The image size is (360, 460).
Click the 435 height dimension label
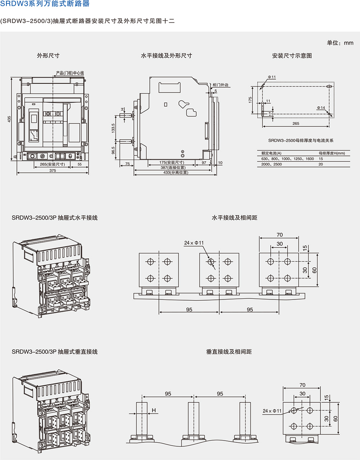point(9,118)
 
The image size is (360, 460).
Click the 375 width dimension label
point(53,170)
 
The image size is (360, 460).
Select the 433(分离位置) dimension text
point(175,172)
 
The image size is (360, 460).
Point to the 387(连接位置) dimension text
point(173,167)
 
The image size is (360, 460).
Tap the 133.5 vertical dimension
point(113,128)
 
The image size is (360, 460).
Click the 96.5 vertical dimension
point(113,150)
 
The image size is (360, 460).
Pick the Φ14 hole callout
point(321,108)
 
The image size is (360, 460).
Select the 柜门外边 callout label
point(220,85)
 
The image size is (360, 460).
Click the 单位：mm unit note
point(340,43)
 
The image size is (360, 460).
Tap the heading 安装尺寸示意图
point(292,56)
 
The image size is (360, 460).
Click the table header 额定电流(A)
point(271,153)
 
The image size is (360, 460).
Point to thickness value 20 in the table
point(321,164)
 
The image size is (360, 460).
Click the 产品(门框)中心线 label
point(70,73)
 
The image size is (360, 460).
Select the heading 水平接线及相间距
point(234,218)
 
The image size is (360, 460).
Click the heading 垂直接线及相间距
point(229,352)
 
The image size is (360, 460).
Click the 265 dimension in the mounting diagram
point(296,123)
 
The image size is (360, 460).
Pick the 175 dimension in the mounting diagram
point(250,100)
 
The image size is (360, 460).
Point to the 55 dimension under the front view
point(79,164)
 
